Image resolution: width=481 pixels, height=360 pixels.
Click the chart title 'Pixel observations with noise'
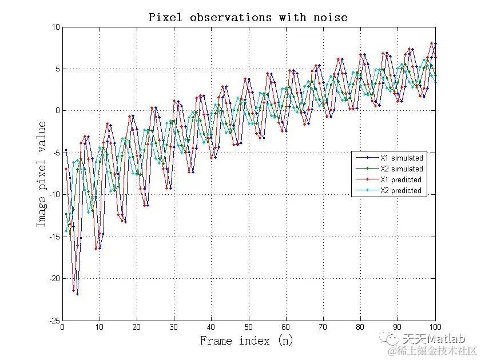[x=248, y=17]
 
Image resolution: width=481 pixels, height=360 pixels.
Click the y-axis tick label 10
[x=55, y=27]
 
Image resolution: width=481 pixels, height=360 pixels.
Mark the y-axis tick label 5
[x=57, y=69]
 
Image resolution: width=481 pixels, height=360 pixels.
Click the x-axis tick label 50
[x=248, y=327]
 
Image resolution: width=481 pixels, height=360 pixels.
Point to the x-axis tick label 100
[x=435, y=327]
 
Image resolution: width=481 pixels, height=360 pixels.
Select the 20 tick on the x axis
[x=136, y=327]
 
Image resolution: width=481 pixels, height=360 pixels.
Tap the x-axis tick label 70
[x=323, y=327]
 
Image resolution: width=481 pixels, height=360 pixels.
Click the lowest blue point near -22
[x=77, y=294]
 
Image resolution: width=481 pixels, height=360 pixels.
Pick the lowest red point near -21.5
[x=73, y=290]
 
